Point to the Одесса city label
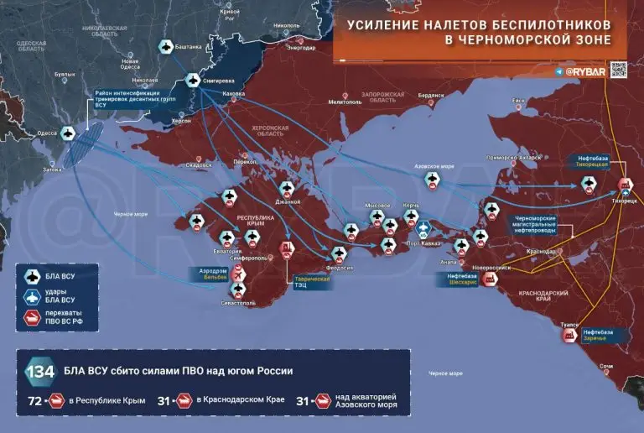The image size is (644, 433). [x=48, y=133]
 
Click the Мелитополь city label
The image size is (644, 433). [x=344, y=102]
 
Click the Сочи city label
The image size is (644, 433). [x=606, y=367]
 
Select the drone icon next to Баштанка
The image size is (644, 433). [x=165, y=47]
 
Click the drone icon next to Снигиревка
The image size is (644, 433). [x=192, y=81]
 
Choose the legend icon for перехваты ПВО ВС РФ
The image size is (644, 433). [x=33, y=317]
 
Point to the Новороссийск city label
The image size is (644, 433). [x=491, y=268]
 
